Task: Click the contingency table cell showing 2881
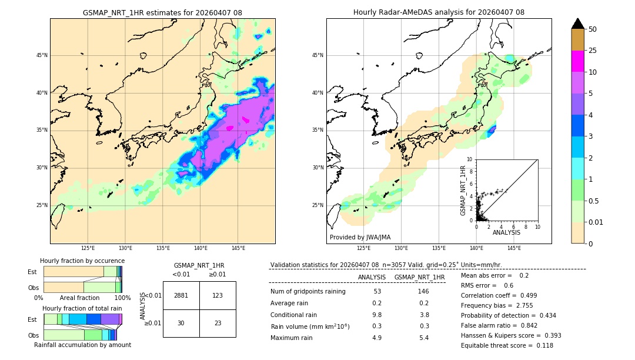(x=181, y=295)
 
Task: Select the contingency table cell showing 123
(x=218, y=295)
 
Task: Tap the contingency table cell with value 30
(x=181, y=323)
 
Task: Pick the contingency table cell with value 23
(x=218, y=323)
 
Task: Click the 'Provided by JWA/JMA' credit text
(x=360, y=238)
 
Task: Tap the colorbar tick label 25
(x=593, y=51)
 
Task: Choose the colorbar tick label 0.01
(x=595, y=222)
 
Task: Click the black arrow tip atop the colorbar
(x=578, y=23)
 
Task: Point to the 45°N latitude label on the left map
(x=42, y=55)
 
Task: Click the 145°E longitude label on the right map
(x=514, y=248)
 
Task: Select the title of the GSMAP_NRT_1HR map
(x=162, y=12)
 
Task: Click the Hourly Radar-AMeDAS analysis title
(x=439, y=12)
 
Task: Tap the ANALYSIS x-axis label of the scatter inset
(x=506, y=233)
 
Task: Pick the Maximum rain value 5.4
(x=423, y=338)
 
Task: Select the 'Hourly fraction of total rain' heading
(x=82, y=308)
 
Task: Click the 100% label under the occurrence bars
(x=122, y=298)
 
